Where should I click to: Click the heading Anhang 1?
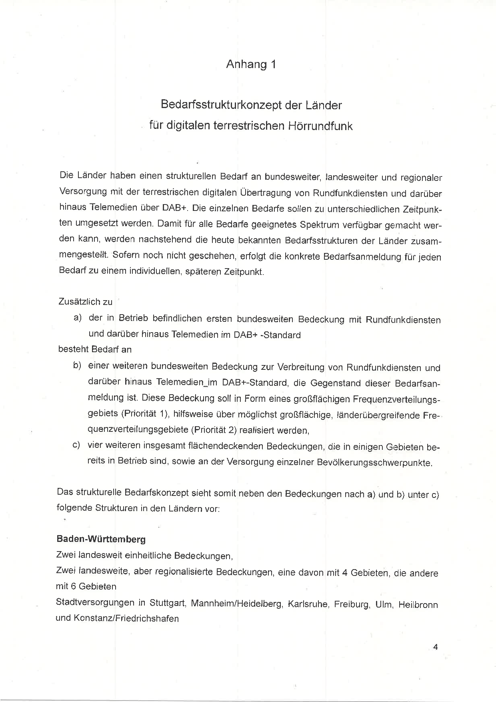point(251,64)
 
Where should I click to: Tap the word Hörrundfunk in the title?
point(320,126)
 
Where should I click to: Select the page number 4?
point(436,647)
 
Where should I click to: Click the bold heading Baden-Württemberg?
point(101,539)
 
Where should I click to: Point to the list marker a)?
point(78,318)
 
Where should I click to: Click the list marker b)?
point(77,366)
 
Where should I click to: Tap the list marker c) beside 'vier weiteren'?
point(76,445)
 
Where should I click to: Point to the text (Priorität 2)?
point(216,430)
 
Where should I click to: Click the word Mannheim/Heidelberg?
point(236,603)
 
